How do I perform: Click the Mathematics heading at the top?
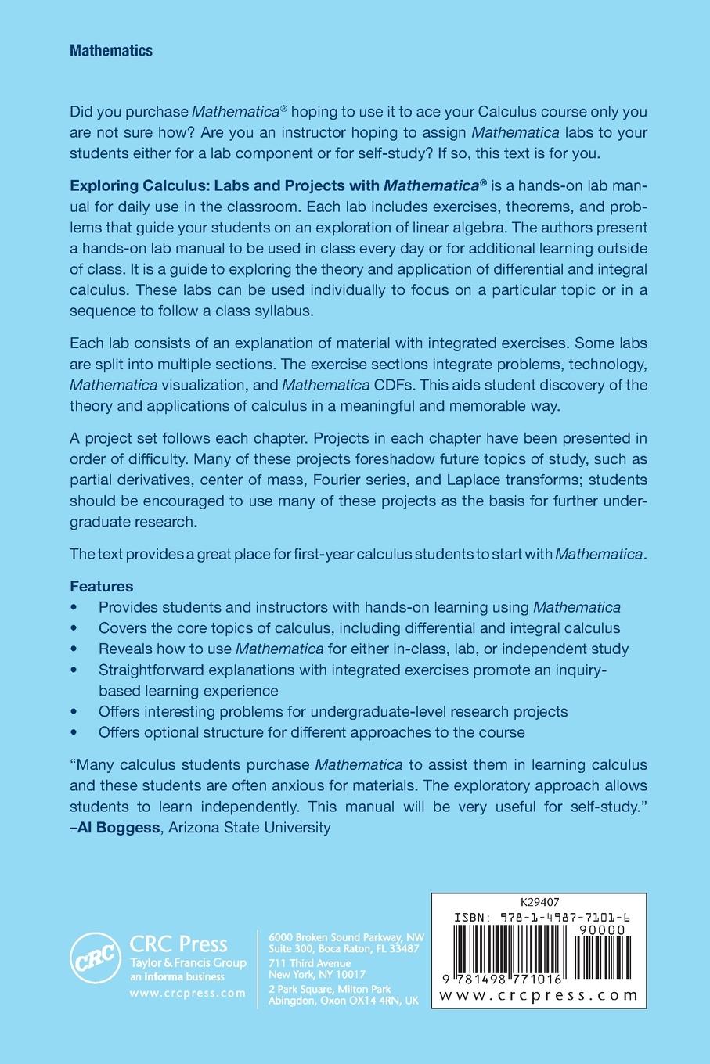pyautogui.click(x=110, y=51)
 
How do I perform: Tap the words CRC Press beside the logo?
pyautogui.click(x=178, y=944)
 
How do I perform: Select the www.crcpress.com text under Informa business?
pyautogui.click(x=187, y=993)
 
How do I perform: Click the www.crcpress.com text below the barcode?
pyautogui.click(x=539, y=995)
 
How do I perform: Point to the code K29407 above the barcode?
pyautogui.click(x=539, y=902)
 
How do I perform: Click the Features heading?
pyautogui.click(x=102, y=586)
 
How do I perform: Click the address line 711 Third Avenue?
pyautogui.click(x=309, y=963)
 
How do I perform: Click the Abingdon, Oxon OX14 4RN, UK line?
pyautogui.click(x=344, y=1001)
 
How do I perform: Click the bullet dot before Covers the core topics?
pyautogui.click(x=74, y=628)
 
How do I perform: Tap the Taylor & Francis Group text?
pyautogui.click(x=188, y=963)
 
